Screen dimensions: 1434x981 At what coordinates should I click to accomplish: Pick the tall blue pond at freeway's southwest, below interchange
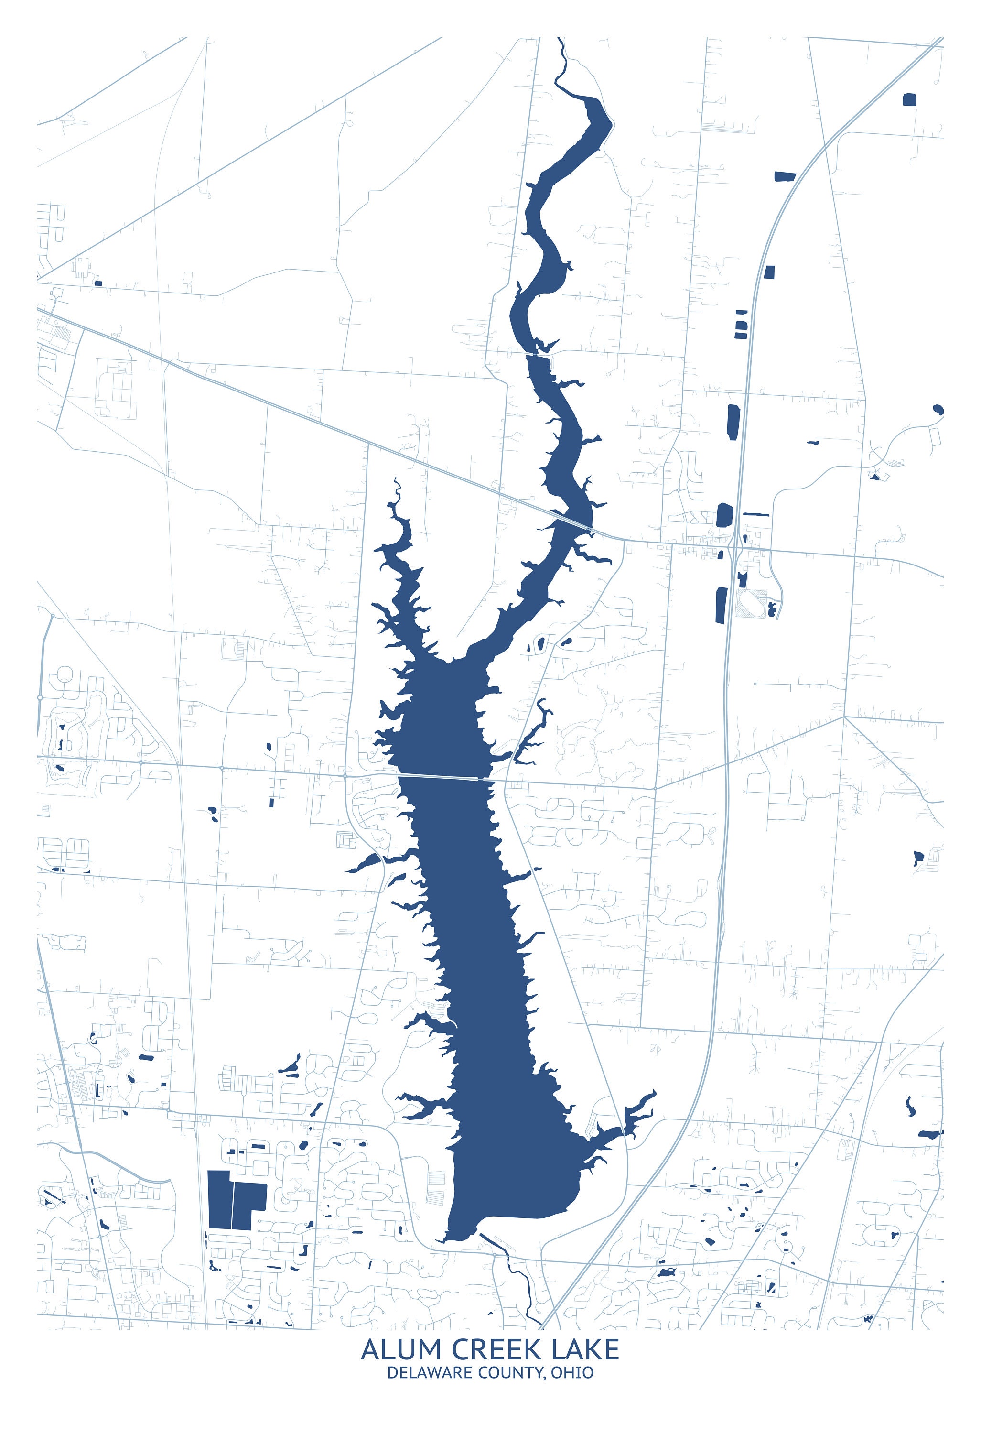(721, 605)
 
